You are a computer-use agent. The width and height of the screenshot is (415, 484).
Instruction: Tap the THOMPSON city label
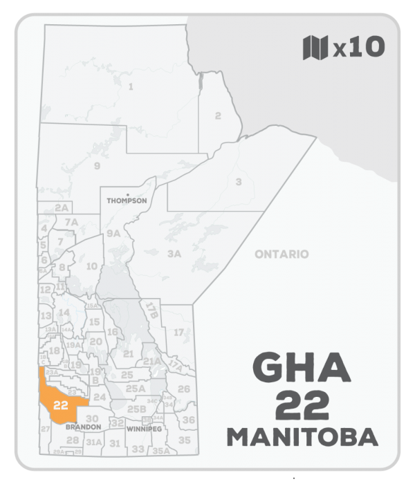pos(127,201)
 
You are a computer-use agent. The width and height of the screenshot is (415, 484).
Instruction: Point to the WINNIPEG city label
pos(145,429)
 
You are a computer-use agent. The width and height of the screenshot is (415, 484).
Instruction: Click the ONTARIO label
pos(281,254)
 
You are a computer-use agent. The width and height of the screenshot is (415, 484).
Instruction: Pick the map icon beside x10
pos(315,48)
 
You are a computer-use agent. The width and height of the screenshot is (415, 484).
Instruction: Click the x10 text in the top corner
pos(357,48)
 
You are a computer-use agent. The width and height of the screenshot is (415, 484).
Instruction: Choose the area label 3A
pos(174,254)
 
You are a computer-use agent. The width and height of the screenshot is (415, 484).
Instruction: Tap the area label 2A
pos(62,207)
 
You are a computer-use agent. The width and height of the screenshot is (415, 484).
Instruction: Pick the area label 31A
pos(94,441)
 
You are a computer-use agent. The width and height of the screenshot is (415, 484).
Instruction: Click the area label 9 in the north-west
pos(97,165)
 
